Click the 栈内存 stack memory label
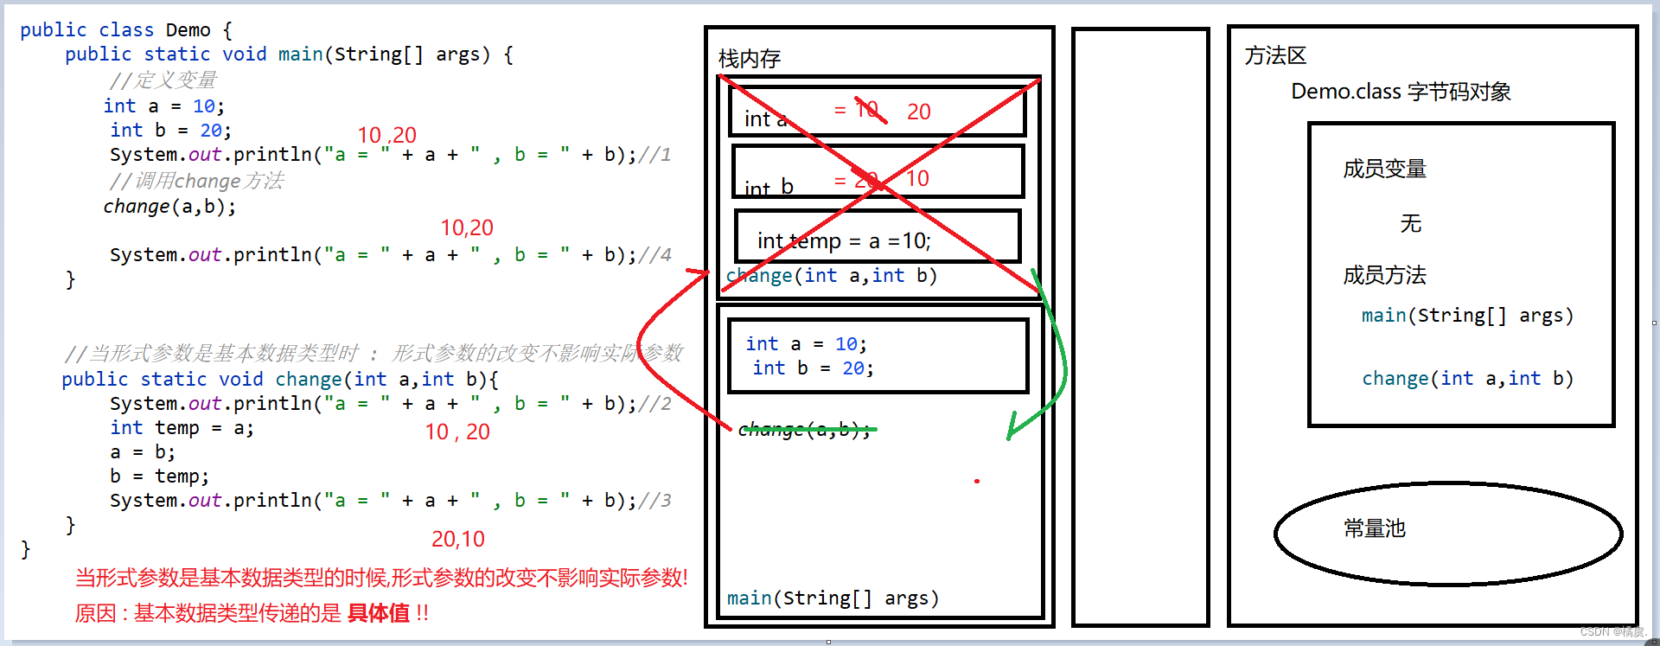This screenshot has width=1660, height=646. click(750, 59)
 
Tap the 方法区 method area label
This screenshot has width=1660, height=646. click(1275, 56)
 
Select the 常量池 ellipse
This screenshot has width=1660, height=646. click(1447, 534)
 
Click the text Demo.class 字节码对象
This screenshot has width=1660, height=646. click(1401, 92)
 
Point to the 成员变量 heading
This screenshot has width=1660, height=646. click(1384, 169)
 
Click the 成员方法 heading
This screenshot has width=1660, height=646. click(1384, 275)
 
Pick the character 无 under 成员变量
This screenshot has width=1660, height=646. click(1410, 224)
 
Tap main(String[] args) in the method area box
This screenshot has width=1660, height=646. click(1467, 316)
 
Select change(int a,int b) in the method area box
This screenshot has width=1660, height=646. click(1467, 379)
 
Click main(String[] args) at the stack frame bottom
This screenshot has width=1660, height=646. click(833, 598)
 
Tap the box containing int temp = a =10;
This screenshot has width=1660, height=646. click(878, 236)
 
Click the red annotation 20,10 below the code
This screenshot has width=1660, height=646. click(458, 539)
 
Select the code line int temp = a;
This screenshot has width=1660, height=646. click(182, 428)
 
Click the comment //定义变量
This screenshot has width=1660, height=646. click(163, 80)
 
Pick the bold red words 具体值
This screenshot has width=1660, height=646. click(378, 613)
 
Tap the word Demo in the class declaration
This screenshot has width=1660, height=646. click(188, 30)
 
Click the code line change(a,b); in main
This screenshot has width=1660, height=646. click(169, 207)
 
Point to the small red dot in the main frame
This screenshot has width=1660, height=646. click(977, 481)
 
